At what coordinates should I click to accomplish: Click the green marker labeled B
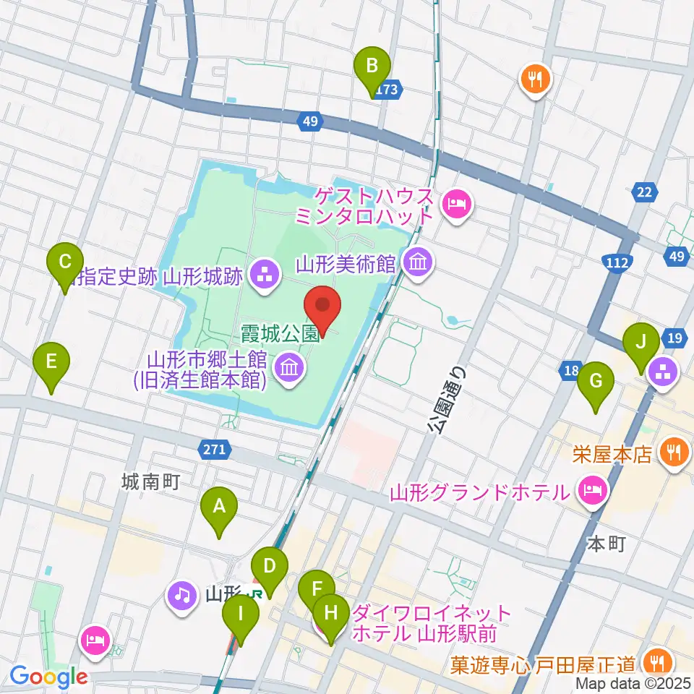pos(372,67)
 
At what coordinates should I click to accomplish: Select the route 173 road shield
pos(387,90)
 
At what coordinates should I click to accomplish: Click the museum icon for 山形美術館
pos(419,262)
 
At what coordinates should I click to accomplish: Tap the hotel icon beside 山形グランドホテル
pos(592,493)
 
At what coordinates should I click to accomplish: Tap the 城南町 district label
pos(150,481)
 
